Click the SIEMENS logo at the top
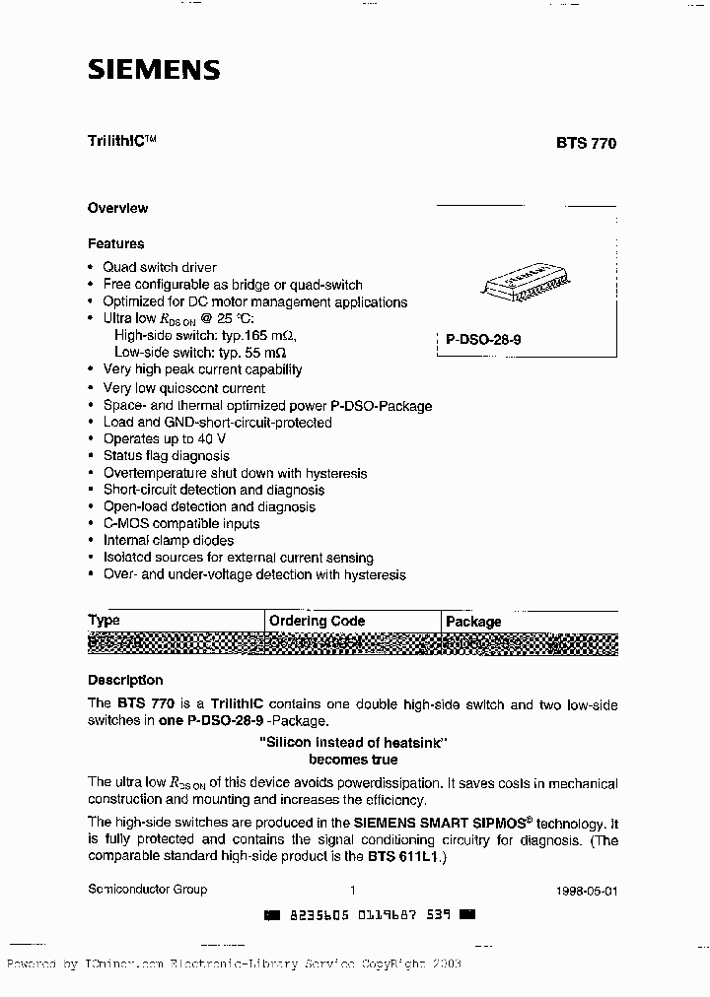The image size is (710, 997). coord(154,70)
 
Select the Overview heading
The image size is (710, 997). coord(117,208)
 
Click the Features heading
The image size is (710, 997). coord(115,243)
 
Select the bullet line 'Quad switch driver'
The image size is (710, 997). coord(159,267)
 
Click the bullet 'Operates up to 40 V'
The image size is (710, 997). coord(164,439)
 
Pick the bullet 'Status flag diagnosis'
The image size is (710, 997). coord(166,456)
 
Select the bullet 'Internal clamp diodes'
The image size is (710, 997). coord(168,540)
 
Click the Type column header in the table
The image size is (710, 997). coord(104,621)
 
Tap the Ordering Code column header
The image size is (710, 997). coord(317,621)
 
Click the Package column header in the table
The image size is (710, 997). coord(473,622)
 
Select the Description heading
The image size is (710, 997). coord(125,680)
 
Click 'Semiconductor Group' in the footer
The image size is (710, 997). coord(147,889)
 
